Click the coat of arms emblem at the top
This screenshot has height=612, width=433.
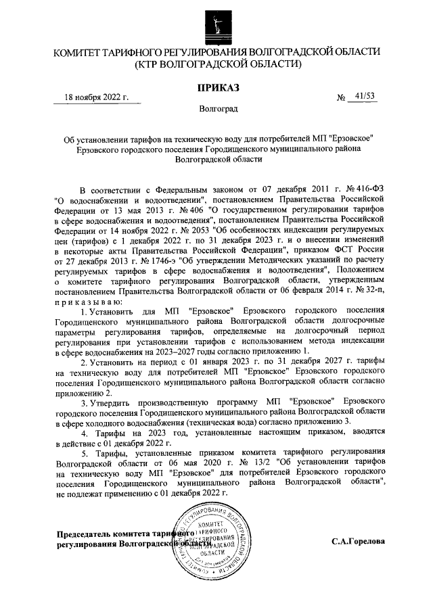216,22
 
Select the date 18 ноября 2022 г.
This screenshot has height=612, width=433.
96,97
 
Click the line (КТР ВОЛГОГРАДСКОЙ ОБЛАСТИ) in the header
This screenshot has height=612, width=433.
216,64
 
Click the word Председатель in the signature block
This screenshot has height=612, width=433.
85,533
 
